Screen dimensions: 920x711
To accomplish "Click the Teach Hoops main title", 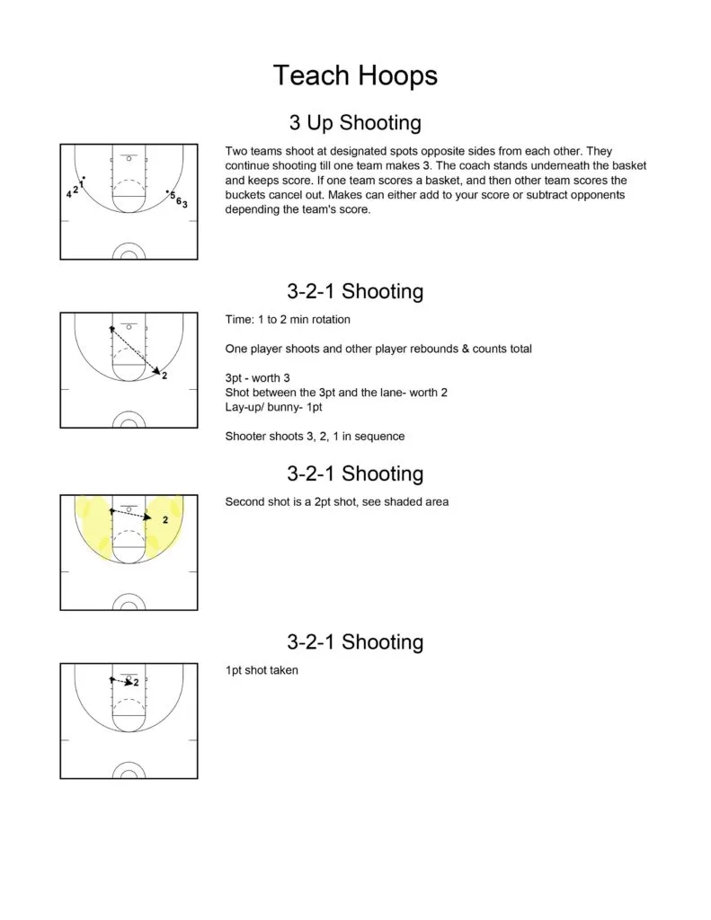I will pyautogui.click(x=355, y=75).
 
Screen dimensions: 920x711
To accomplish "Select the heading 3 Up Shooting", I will pyautogui.click(x=355, y=123).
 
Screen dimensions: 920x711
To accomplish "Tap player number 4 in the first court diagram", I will pyautogui.click(x=68, y=194).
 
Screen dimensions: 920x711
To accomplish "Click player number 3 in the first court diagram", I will pyautogui.click(x=185, y=206).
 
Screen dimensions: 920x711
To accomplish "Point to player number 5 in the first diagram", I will pyautogui.click(x=173, y=195).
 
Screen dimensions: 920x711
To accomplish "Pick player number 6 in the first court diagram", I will pyautogui.click(x=179, y=200).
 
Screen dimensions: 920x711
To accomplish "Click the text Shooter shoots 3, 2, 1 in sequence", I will pyautogui.click(x=315, y=437).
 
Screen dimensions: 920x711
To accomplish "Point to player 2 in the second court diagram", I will pyautogui.click(x=164, y=376).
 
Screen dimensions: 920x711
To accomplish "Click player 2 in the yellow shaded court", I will pyautogui.click(x=164, y=520).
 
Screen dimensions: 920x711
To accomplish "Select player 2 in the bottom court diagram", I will pyautogui.click(x=136, y=683).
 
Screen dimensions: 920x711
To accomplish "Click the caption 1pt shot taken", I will pyautogui.click(x=262, y=670).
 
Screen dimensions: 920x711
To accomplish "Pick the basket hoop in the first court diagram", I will pyautogui.click(x=129, y=159).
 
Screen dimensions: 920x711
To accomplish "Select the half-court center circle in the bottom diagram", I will pyautogui.click(x=129, y=773).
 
